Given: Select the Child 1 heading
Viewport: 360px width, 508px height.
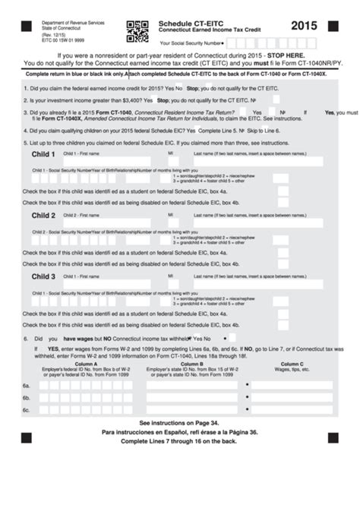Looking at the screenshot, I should (43, 154).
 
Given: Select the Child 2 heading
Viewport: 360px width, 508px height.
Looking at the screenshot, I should (43, 216).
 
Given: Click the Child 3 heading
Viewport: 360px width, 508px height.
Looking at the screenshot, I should (43, 276).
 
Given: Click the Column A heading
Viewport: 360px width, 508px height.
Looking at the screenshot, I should (85, 364).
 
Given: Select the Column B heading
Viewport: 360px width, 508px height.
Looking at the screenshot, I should (191, 364).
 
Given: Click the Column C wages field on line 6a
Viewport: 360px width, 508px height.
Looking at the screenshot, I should (292, 386).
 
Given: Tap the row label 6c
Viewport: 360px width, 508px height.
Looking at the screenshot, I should (26, 410).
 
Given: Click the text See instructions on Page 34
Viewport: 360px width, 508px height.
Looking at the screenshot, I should (178, 422).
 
